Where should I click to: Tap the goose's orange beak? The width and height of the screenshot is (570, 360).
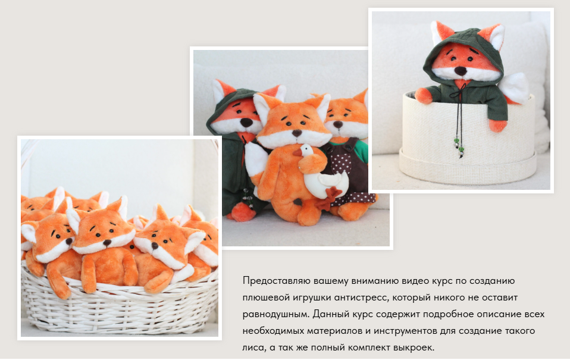[297, 153]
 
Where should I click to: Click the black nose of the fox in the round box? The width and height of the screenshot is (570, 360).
[460, 71]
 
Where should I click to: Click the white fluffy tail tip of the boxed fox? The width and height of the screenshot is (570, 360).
[519, 86]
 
